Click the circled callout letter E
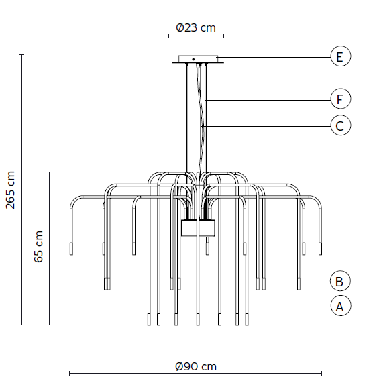coord(340,56)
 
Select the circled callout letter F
coord(340,99)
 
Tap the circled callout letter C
coord(340,125)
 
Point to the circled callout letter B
coord(340,281)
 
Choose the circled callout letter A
coord(340,306)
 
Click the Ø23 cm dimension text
coord(196,27)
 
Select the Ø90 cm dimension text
coord(196,366)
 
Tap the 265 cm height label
coord(10,190)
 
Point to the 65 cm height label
coord(38,247)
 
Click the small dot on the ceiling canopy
coord(193,60)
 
